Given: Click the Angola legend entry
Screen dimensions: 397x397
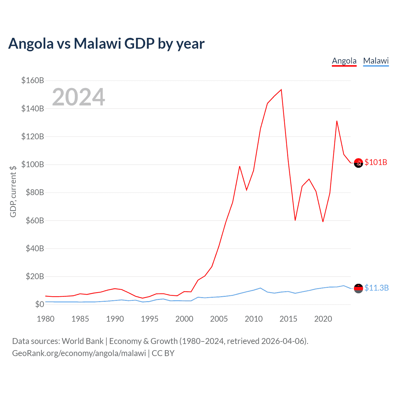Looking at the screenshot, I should [x=344, y=61].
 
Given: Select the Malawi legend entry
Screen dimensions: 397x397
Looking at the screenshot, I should [x=376, y=61].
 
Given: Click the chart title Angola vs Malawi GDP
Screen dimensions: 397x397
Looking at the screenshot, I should [x=106, y=43].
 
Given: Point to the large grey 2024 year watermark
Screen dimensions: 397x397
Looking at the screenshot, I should [x=78, y=97].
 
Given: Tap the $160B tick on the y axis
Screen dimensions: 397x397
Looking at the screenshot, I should [x=33, y=81].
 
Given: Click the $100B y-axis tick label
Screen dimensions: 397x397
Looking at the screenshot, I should [x=33, y=164].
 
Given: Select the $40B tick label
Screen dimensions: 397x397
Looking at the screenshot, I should [x=35, y=248].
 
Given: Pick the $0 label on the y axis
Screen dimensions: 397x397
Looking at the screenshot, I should [x=39, y=304].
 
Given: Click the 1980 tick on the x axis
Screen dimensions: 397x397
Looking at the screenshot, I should [x=46, y=319].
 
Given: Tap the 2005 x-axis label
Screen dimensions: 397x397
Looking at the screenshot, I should [x=219, y=319].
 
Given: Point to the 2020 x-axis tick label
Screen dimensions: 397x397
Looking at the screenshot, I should [x=323, y=319].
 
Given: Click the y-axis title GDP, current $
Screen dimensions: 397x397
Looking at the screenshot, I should [x=13, y=191].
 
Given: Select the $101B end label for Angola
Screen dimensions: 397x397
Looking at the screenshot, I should [x=376, y=162].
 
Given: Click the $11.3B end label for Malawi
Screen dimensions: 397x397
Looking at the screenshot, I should [x=376, y=288].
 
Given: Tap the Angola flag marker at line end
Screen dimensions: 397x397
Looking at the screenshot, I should [x=358, y=163].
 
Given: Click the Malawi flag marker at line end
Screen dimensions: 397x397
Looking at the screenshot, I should [x=358, y=288].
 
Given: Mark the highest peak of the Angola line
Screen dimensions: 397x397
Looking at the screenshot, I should [x=281, y=90].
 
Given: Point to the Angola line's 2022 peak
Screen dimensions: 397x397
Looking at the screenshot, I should [x=337, y=121].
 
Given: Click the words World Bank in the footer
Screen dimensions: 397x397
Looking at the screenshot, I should [x=83, y=341].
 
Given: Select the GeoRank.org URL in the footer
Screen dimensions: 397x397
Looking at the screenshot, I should [x=79, y=353].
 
